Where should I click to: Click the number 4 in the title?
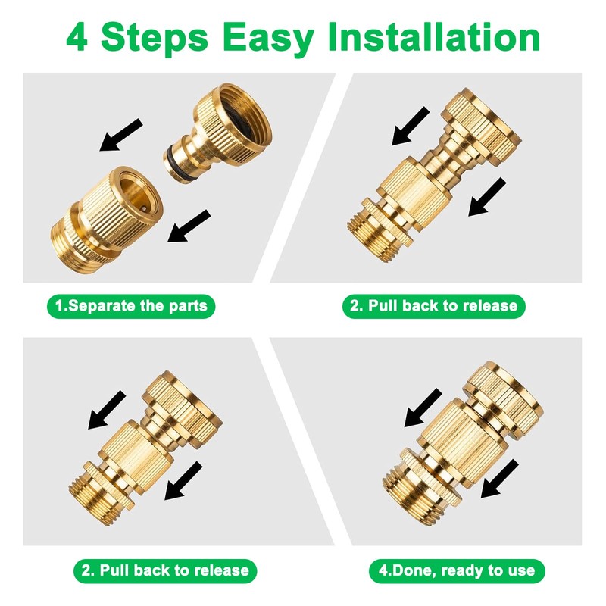click(77, 37)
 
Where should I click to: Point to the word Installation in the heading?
click(433, 36)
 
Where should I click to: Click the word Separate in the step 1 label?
click(102, 306)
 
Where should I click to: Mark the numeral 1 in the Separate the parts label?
click(60, 306)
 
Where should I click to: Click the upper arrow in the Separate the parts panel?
click(121, 135)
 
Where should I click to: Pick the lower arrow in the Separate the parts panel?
click(189, 226)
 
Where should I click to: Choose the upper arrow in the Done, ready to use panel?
click(423, 408)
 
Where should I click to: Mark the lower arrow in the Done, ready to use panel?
click(500, 479)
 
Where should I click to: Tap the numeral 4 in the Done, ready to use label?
click(383, 570)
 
